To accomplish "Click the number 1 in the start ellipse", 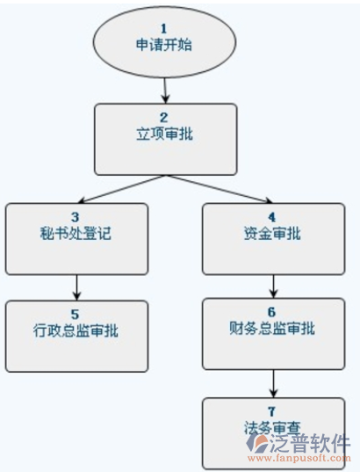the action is pos(164,29).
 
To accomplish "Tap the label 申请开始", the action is pos(164,45).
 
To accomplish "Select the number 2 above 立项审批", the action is pos(164,118).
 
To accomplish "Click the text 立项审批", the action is pos(164,134).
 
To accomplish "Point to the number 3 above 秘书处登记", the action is pos(76,217).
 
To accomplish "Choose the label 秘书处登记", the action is pos(76,233).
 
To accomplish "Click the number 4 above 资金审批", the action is pos(272,217).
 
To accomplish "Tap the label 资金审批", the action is pos(272,233).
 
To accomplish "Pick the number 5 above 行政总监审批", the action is pos(76,315).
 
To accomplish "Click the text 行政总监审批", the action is pos(76,330).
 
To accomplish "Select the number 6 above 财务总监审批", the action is pos(272,312).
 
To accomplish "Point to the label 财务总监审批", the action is pos(272,328).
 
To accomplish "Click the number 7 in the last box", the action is pos(272,411).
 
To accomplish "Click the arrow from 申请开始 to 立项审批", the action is pos(165,91).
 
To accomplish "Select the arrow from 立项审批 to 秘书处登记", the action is pos(121,189).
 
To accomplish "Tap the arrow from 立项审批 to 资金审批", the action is pos(219,189).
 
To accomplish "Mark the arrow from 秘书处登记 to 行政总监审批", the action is pos(77,287).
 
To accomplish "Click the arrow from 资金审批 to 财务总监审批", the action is pos(273,287).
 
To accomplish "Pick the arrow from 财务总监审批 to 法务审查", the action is pos(273,383).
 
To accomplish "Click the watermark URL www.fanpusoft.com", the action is pos(299,458).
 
